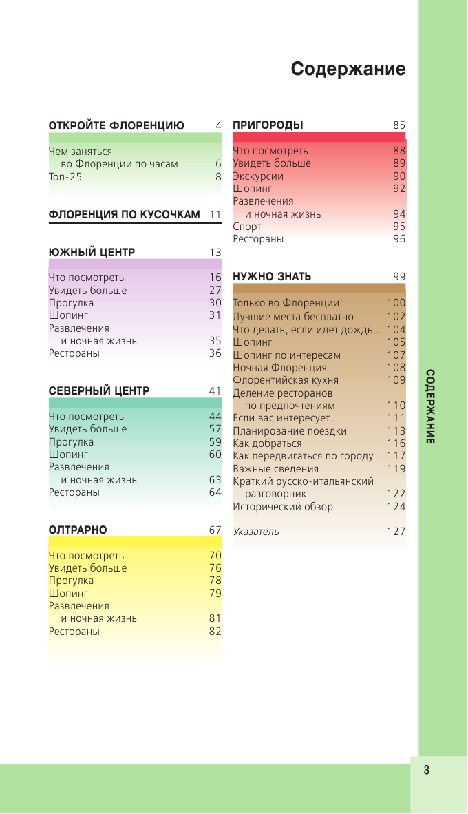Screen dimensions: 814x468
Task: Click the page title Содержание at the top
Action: [348, 70]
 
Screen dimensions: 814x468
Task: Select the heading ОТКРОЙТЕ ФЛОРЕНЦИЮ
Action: [116, 126]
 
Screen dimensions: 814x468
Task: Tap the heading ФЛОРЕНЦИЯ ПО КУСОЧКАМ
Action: [125, 215]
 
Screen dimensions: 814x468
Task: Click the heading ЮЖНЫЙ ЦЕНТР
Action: [92, 253]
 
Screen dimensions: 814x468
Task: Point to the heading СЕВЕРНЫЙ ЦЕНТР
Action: [99, 391]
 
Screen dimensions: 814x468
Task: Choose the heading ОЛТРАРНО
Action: [78, 530]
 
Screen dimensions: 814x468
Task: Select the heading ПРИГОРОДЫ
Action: [268, 125]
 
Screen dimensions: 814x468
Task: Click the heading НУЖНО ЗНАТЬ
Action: [272, 277]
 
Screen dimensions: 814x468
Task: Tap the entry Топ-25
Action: [65, 177]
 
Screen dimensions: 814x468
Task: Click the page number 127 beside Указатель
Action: [396, 532]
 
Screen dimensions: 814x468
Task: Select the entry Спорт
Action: [247, 227]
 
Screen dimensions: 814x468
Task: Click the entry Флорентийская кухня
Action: [286, 380]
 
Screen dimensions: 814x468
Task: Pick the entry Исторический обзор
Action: [283, 507]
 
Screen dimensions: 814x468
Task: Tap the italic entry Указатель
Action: [256, 532]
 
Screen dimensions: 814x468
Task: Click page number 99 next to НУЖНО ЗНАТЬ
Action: [399, 277]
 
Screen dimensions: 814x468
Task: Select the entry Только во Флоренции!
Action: [288, 304]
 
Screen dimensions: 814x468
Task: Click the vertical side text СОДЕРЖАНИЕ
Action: [429, 406]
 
